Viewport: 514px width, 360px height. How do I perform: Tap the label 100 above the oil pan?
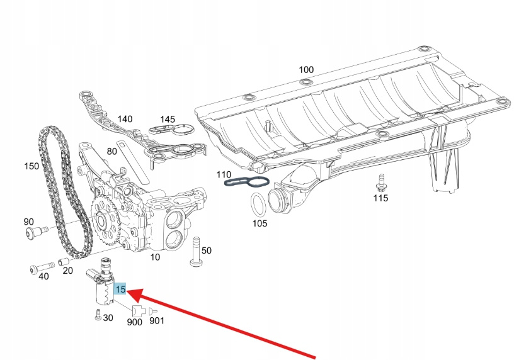pyautogui.click(x=306, y=70)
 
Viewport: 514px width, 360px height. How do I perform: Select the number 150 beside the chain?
pyautogui.click(x=31, y=167)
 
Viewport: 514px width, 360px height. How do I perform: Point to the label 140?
pyautogui.click(x=125, y=119)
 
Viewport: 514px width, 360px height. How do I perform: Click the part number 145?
pyautogui.click(x=167, y=119)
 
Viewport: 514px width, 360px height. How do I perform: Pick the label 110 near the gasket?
pyautogui.click(x=224, y=174)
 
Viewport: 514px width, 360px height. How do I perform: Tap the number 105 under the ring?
pyautogui.click(x=260, y=223)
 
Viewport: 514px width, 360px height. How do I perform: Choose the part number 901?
pyautogui.click(x=156, y=321)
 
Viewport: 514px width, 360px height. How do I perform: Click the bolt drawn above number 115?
pyautogui.click(x=380, y=183)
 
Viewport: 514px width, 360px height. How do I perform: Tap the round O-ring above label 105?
pyautogui.click(x=258, y=205)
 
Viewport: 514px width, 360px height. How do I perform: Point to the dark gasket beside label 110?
pyautogui.click(x=248, y=183)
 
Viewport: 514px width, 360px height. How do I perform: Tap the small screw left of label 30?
pyautogui.click(x=98, y=316)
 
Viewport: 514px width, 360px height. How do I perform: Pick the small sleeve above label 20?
pyautogui.click(x=63, y=261)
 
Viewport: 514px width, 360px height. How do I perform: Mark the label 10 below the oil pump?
pyautogui.click(x=154, y=256)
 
